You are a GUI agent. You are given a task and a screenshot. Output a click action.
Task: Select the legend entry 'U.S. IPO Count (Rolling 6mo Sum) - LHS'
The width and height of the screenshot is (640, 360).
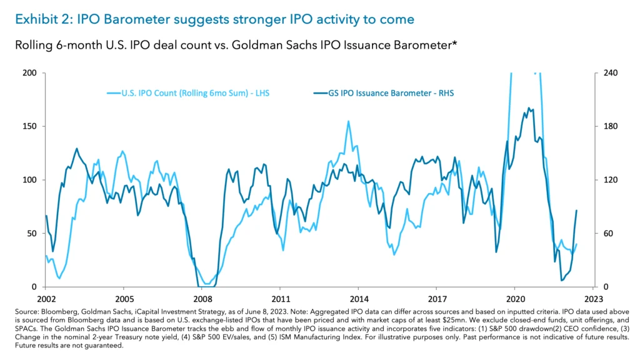189,94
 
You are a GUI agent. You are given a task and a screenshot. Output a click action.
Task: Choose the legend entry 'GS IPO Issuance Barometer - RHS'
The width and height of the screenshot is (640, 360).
382,94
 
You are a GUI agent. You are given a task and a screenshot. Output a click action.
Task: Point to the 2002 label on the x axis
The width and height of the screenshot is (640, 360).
46,299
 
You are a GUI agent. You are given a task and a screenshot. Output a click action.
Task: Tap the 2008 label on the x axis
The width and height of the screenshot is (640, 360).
202,299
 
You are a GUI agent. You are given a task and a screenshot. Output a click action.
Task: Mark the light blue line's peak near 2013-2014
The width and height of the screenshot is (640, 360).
348,121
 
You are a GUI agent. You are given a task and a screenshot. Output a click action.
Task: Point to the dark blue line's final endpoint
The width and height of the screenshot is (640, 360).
576,211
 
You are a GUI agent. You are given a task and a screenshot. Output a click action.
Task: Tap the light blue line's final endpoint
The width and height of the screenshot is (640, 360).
576,244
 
